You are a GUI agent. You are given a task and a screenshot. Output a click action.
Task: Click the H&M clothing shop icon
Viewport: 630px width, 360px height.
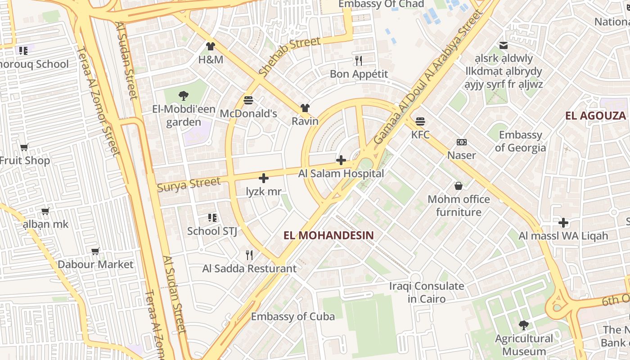click(x=210, y=46)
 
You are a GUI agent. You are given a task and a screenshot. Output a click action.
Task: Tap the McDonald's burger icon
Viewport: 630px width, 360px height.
click(x=248, y=100)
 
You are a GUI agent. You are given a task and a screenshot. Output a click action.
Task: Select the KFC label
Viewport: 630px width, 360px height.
click(x=420, y=135)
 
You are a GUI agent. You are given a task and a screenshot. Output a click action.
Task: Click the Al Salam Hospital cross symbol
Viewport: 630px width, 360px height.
click(x=341, y=160)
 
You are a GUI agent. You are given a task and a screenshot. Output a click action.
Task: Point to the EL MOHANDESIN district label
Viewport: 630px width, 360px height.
click(x=329, y=235)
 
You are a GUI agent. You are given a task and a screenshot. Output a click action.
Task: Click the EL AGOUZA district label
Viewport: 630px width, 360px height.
click(x=595, y=116)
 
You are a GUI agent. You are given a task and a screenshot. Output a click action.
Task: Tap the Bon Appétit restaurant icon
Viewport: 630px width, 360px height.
click(x=359, y=60)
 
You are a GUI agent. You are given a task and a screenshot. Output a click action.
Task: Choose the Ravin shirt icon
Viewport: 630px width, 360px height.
click(x=305, y=108)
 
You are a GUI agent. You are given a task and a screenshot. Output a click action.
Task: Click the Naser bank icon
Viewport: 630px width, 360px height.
click(x=461, y=142)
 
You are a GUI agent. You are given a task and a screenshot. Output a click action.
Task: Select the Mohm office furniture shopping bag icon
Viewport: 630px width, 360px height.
click(x=458, y=186)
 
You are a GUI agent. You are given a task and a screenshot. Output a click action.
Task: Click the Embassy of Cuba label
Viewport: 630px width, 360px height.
click(x=292, y=316)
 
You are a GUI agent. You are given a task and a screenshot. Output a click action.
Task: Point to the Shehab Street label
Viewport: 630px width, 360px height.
click(x=290, y=56)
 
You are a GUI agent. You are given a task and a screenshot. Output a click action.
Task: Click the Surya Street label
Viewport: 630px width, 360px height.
click(x=189, y=184)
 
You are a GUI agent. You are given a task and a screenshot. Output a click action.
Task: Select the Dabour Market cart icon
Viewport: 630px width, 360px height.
click(x=95, y=251)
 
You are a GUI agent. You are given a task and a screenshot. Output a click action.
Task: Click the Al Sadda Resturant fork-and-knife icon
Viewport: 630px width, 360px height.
click(x=249, y=255)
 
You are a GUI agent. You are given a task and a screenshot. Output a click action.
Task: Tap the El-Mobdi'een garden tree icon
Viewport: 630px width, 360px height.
click(x=183, y=95)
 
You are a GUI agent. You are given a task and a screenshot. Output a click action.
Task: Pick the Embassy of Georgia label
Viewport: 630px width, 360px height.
click(x=520, y=141)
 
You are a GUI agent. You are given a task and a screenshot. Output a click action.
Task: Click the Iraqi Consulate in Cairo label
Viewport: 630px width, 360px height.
click(x=426, y=292)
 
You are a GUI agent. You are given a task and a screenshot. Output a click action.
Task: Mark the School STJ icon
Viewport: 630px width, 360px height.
click(x=212, y=218)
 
